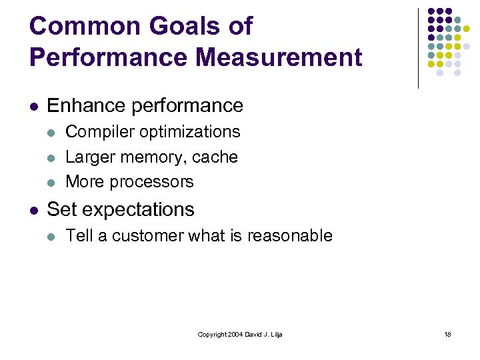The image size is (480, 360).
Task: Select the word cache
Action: click(x=215, y=157)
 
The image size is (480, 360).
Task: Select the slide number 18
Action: click(x=448, y=334)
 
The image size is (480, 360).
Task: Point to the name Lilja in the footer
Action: click(x=276, y=334)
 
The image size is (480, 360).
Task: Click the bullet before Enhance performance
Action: click(x=34, y=106)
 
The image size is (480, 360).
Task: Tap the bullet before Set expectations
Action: click(x=34, y=210)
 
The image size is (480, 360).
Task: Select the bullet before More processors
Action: click(x=53, y=182)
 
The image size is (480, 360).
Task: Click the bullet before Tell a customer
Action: click(x=53, y=236)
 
